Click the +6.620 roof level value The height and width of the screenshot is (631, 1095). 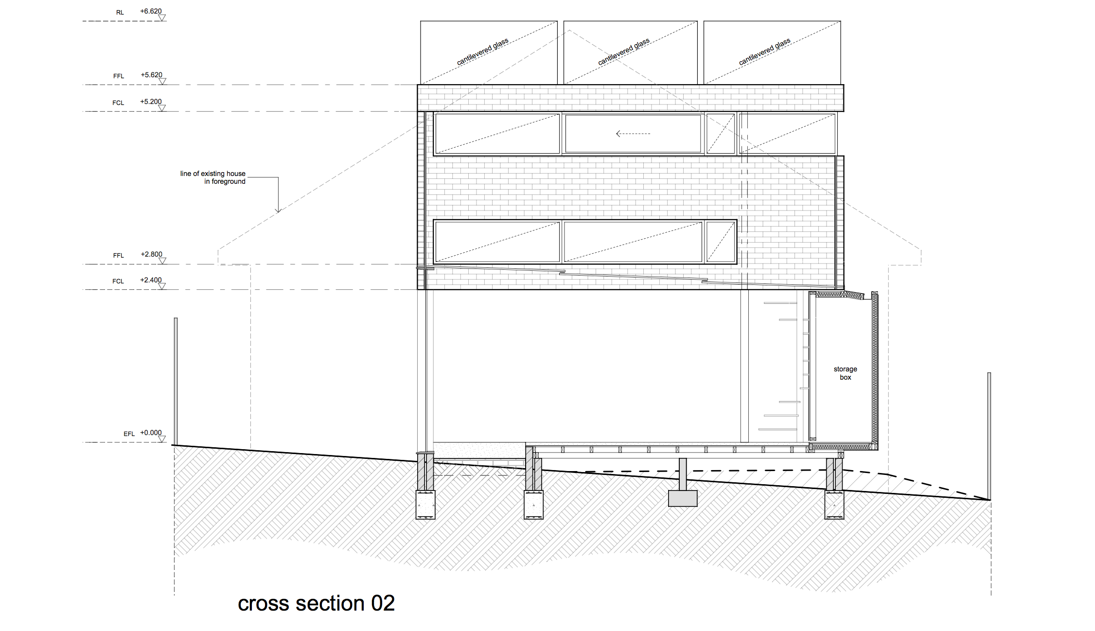[x=151, y=11]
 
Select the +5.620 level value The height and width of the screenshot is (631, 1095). [x=151, y=75]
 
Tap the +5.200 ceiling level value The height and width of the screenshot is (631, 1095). [x=151, y=102]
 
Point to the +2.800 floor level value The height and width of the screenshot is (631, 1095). [x=151, y=254]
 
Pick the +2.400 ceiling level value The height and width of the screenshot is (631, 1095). [x=151, y=280]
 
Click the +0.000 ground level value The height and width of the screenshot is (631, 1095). [x=151, y=433]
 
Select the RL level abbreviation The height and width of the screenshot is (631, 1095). [x=120, y=13]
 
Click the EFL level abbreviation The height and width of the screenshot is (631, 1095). [x=129, y=434]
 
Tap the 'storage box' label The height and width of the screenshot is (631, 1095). [x=845, y=373]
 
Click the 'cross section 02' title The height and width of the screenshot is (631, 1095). [x=316, y=603]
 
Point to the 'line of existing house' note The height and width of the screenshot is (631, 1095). [x=212, y=174]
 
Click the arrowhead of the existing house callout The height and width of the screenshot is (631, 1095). [x=278, y=210]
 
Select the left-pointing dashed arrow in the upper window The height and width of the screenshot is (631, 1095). [x=633, y=134]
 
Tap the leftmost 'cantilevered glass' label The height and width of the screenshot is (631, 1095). [x=482, y=52]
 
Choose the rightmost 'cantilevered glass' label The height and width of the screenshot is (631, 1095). [x=764, y=52]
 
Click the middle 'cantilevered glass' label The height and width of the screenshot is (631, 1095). [x=623, y=52]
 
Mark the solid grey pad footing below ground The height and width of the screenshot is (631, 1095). [x=683, y=498]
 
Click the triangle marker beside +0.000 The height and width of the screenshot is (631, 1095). [x=162, y=439]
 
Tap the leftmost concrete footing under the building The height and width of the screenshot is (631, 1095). [x=425, y=505]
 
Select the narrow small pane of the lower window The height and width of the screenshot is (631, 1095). [x=721, y=242]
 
